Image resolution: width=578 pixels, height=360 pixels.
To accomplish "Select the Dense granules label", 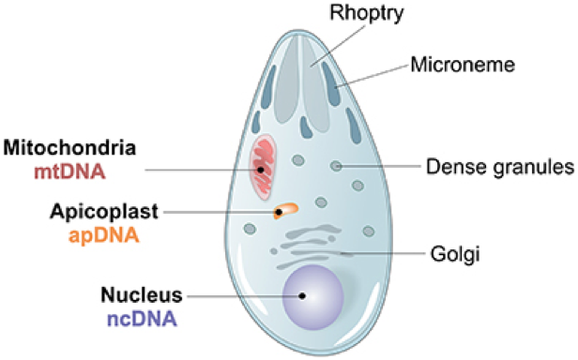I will click(498, 168).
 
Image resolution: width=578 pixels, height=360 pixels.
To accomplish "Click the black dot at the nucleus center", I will click(302, 296).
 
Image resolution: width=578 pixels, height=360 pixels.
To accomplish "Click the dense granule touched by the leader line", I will click(336, 167).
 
